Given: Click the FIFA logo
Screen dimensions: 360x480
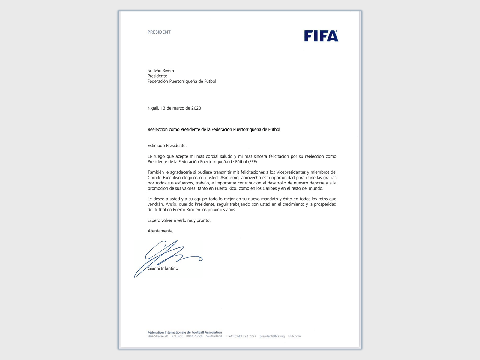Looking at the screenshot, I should click(x=321, y=36).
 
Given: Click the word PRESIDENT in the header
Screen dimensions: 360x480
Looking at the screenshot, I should click(x=159, y=32).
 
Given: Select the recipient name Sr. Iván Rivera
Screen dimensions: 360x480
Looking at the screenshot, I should click(x=161, y=70).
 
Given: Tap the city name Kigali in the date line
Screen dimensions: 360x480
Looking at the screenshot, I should click(x=153, y=108).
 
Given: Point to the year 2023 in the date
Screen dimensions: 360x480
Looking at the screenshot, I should click(x=196, y=108).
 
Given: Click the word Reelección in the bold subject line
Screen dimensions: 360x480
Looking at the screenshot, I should click(x=157, y=130).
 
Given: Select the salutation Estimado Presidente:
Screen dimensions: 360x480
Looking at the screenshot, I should click(x=167, y=145).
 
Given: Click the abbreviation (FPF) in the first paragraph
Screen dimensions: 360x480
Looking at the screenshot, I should click(x=253, y=162).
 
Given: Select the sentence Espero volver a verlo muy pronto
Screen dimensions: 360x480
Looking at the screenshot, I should click(x=179, y=220).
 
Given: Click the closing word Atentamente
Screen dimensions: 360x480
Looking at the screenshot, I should click(x=160, y=231).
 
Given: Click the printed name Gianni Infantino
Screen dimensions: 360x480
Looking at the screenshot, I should click(x=163, y=268).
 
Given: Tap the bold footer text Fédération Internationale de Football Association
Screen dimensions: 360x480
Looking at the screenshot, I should click(x=185, y=332).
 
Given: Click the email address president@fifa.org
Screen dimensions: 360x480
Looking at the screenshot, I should click(x=272, y=336).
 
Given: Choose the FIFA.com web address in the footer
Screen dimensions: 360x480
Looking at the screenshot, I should click(x=294, y=336).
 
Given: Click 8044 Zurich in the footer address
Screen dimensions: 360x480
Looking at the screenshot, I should click(x=194, y=336).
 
